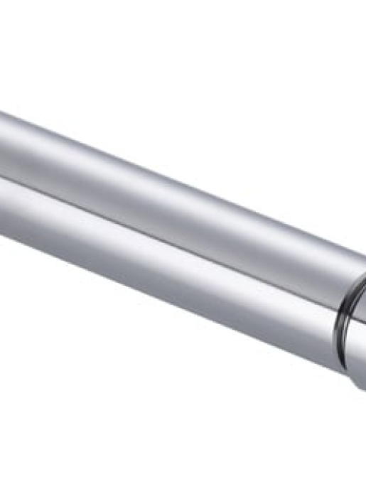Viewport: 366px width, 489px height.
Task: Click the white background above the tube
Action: tap(178, 64)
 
